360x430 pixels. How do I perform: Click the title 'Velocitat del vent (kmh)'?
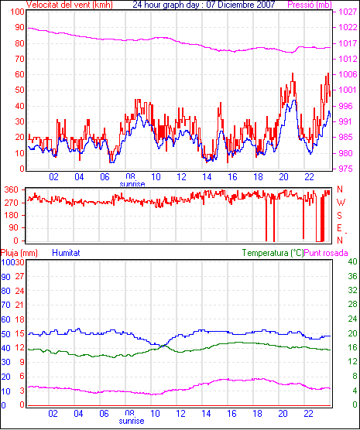(x=69, y=5)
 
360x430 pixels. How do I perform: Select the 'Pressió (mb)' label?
(x=310, y=5)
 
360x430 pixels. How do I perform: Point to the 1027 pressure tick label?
(x=348, y=12)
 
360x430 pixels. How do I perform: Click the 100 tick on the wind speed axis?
(x=17, y=12)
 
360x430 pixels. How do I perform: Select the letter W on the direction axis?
(x=341, y=203)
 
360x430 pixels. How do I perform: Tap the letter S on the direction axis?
(x=339, y=216)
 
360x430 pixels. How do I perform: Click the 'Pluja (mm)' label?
(x=19, y=253)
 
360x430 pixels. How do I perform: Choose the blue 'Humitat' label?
(x=66, y=253)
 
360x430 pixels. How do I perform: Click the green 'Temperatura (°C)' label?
(x=273, y=253)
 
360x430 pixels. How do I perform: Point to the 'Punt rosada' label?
(x=326, y=253)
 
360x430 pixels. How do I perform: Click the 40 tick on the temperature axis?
(x=352, y=261)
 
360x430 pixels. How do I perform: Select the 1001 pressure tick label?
(x=348, y=90)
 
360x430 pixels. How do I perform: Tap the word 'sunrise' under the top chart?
(x=132, y=184)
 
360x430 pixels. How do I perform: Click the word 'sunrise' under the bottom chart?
(x=132, y=421)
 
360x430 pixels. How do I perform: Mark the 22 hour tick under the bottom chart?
(x=308, y=413)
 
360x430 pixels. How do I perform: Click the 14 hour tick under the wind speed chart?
(x=207, y=177)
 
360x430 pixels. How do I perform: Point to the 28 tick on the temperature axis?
(x=352, y=304)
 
